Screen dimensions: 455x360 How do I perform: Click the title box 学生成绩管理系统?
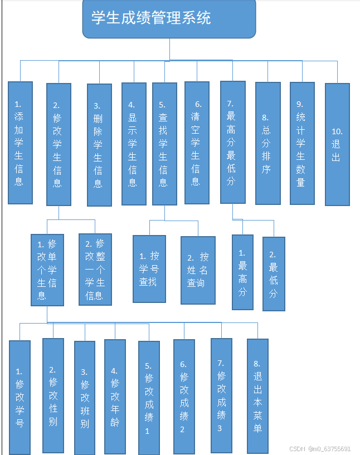click(x=169, y=19)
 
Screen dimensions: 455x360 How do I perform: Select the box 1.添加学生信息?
click(x=20, y=143)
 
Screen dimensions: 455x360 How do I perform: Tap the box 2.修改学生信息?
click(x=59, y=144)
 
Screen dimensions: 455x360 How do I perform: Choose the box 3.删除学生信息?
click(x=99, y=145)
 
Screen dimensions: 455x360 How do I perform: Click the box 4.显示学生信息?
click(x=134, y=143)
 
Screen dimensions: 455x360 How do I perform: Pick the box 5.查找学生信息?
click(x=164, y=143)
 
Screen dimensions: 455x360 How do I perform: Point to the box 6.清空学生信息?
click(x=197, y=143)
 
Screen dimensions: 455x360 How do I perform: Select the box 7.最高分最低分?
click(x=232, y=142)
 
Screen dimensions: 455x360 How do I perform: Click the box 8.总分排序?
click(x=267, y=143)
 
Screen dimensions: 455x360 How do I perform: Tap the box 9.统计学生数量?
click(x=302, y=143)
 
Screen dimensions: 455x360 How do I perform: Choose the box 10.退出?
click(x=337, y=144)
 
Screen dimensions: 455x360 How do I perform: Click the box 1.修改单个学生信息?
click(x=47, y=270)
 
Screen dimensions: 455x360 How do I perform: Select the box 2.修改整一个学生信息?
click(x=95, y=270)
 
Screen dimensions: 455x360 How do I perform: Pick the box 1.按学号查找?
click(x=149, y=268)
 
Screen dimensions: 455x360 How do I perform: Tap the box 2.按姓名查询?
click(x=198, y=270)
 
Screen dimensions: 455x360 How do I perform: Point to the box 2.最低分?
click(x=274, y=273)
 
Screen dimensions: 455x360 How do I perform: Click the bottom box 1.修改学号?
click(x=20, y=397)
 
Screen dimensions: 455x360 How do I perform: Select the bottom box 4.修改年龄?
click(x=114, y=395)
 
